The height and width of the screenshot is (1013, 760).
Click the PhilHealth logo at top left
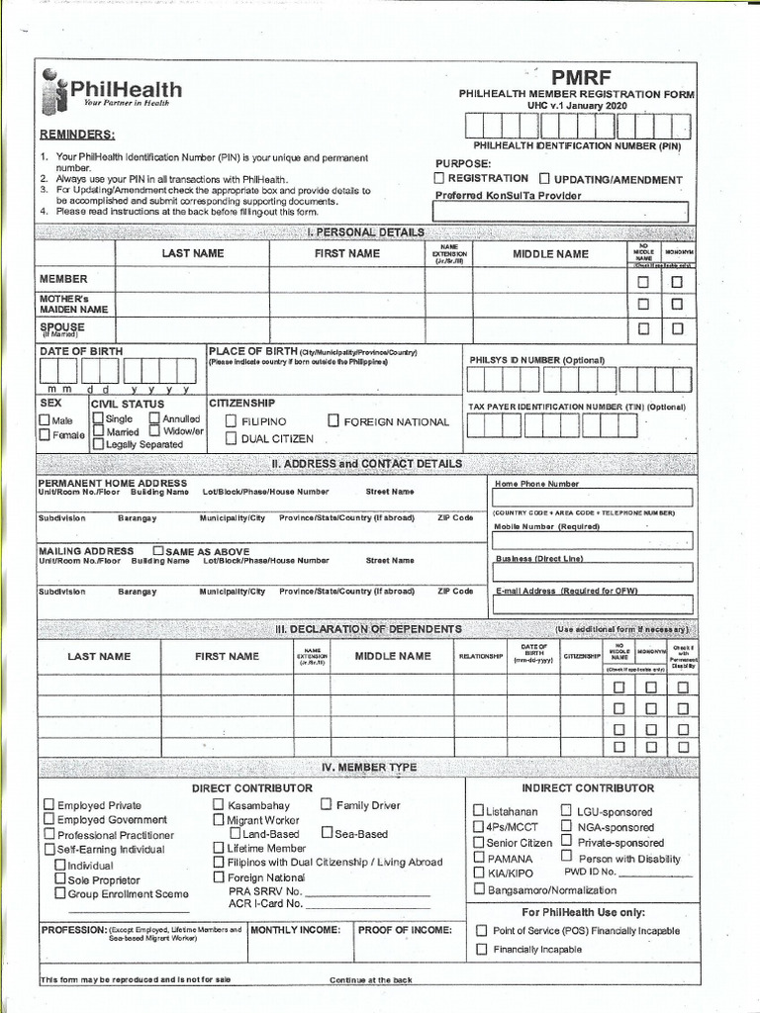[110, 92]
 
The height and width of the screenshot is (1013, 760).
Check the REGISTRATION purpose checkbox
[439, 178]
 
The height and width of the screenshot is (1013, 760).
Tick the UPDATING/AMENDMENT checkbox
[545, 179]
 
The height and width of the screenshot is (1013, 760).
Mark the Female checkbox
[45, 434]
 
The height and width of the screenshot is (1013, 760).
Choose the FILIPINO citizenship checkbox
[231, 421]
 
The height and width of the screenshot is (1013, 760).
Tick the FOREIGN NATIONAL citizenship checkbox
[333, 421]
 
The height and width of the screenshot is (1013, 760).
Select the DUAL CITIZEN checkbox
[231, 438]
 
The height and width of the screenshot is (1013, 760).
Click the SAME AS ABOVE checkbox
[158, 550]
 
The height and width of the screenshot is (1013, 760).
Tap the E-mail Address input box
[592, 604]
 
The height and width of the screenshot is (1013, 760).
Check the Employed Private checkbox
[48, 805]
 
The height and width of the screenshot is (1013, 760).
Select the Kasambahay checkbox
[219, 805]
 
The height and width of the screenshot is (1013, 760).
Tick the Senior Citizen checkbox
[478, 842]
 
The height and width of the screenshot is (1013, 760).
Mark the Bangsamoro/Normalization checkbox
[478, 889]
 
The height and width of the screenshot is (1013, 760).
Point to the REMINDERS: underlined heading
[76, 135]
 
